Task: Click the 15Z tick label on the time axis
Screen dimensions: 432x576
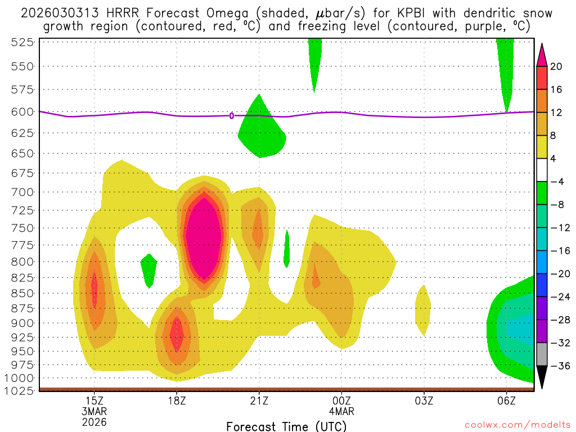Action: [x=94, y=400]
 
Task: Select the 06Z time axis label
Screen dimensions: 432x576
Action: [x=506, y=400]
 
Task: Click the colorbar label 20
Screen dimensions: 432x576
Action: [x=556, y=66]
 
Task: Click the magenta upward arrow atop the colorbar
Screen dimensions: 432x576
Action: [x=542, y=55]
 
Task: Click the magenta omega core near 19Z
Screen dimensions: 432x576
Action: [x=204, y=236]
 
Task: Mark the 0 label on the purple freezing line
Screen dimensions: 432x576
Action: [x=232, y=116]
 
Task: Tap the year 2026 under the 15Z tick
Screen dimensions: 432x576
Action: [x=94, y=421]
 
